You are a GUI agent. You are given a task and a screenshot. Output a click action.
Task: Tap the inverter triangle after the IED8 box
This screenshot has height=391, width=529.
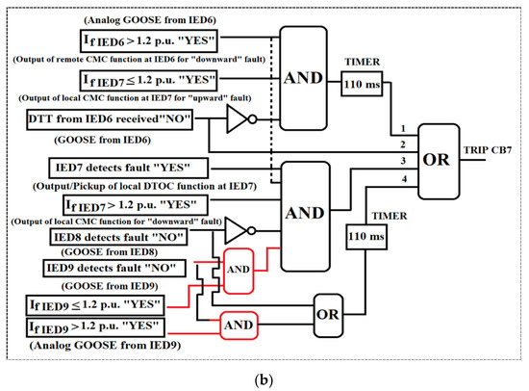[x=237, y=231]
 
